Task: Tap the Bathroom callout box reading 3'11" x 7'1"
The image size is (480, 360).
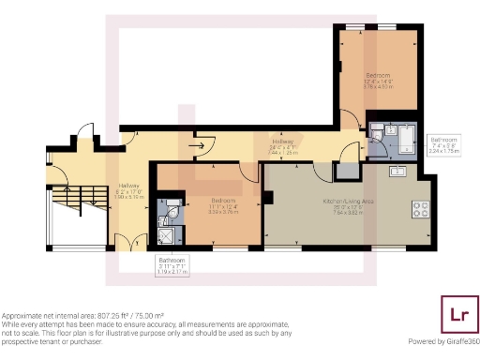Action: (172, 263)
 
